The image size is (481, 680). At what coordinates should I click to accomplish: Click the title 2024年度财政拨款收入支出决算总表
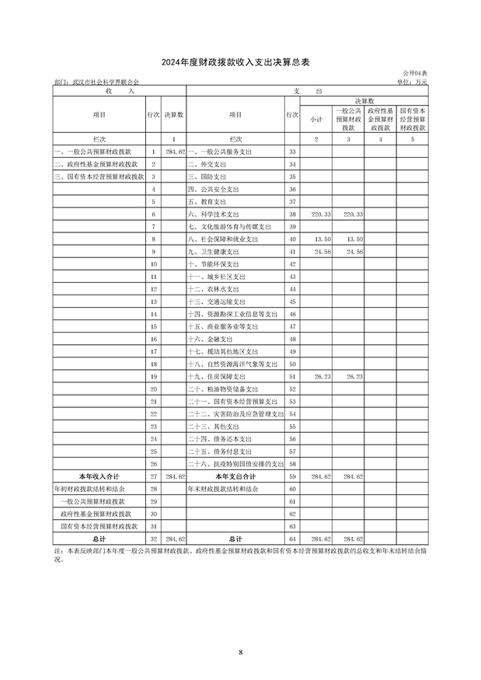click(241, 61)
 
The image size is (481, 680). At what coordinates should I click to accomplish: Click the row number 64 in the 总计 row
click(293, 538)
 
